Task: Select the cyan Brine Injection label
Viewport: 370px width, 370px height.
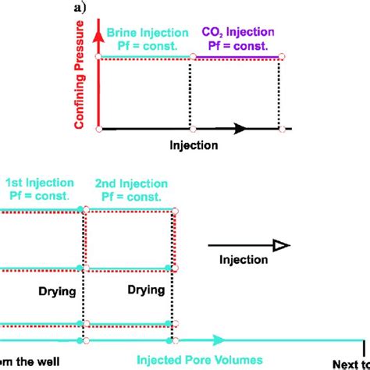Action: click(x=147, y=33)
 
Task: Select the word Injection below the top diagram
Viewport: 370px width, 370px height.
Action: click(x=194, y=144)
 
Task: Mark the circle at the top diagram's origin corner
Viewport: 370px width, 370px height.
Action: click(x=98, y=128)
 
